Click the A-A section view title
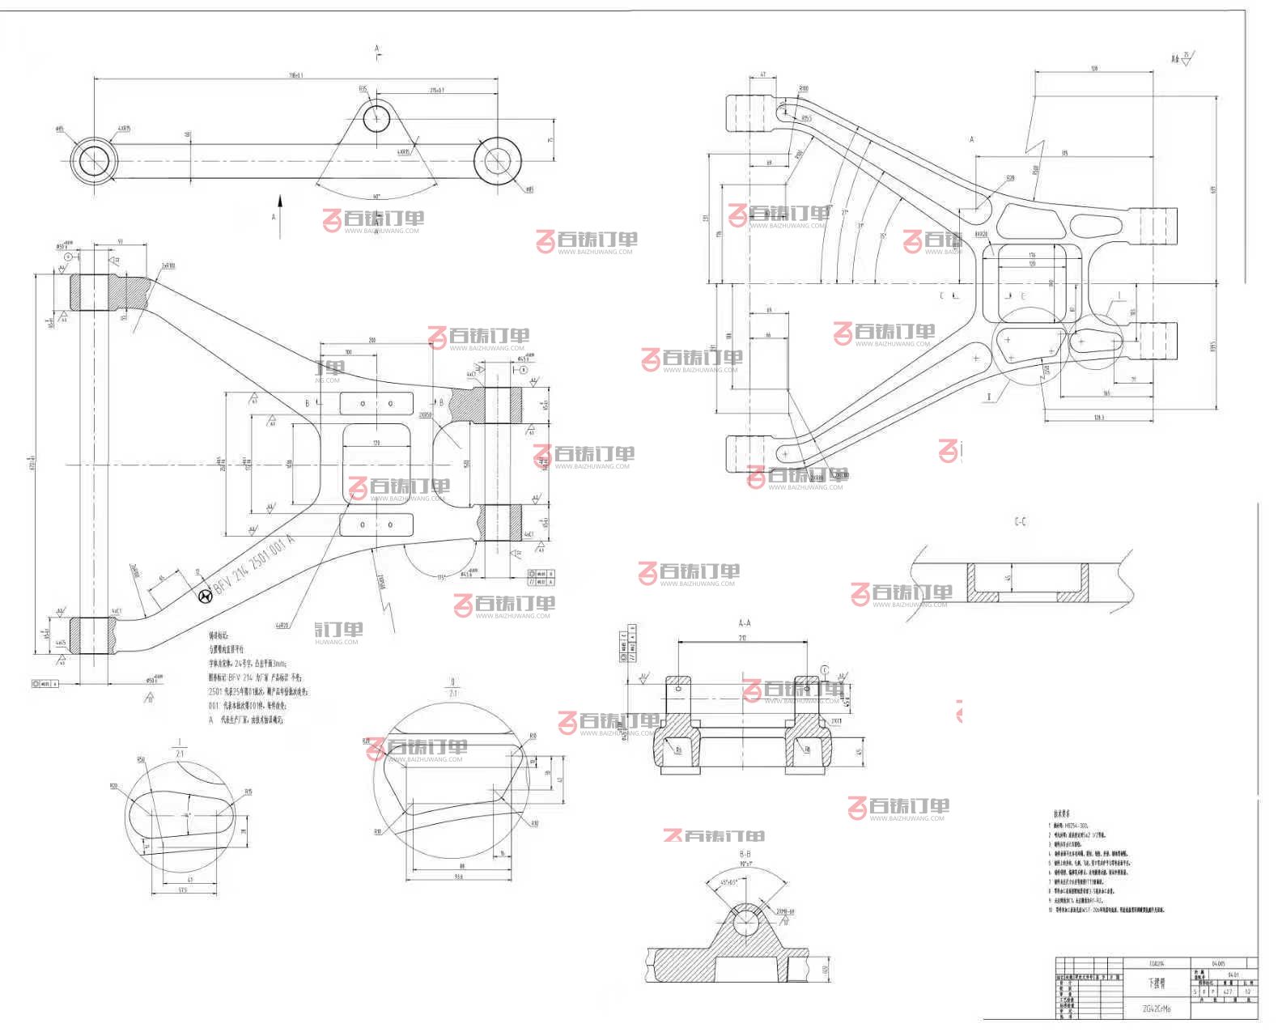coord(745,623)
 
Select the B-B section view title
coord(745,854)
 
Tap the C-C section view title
coord(1020,522)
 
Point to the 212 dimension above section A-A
coord(742,638)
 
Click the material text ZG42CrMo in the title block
coord(1156,1009)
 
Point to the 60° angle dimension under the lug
coord(377,197)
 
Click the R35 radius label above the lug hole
coord(363,89)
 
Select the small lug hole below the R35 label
coord(376,119)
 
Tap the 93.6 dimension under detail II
coord(461,877)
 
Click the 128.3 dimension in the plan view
coord(1098,417)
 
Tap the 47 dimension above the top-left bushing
coord(762,74)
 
